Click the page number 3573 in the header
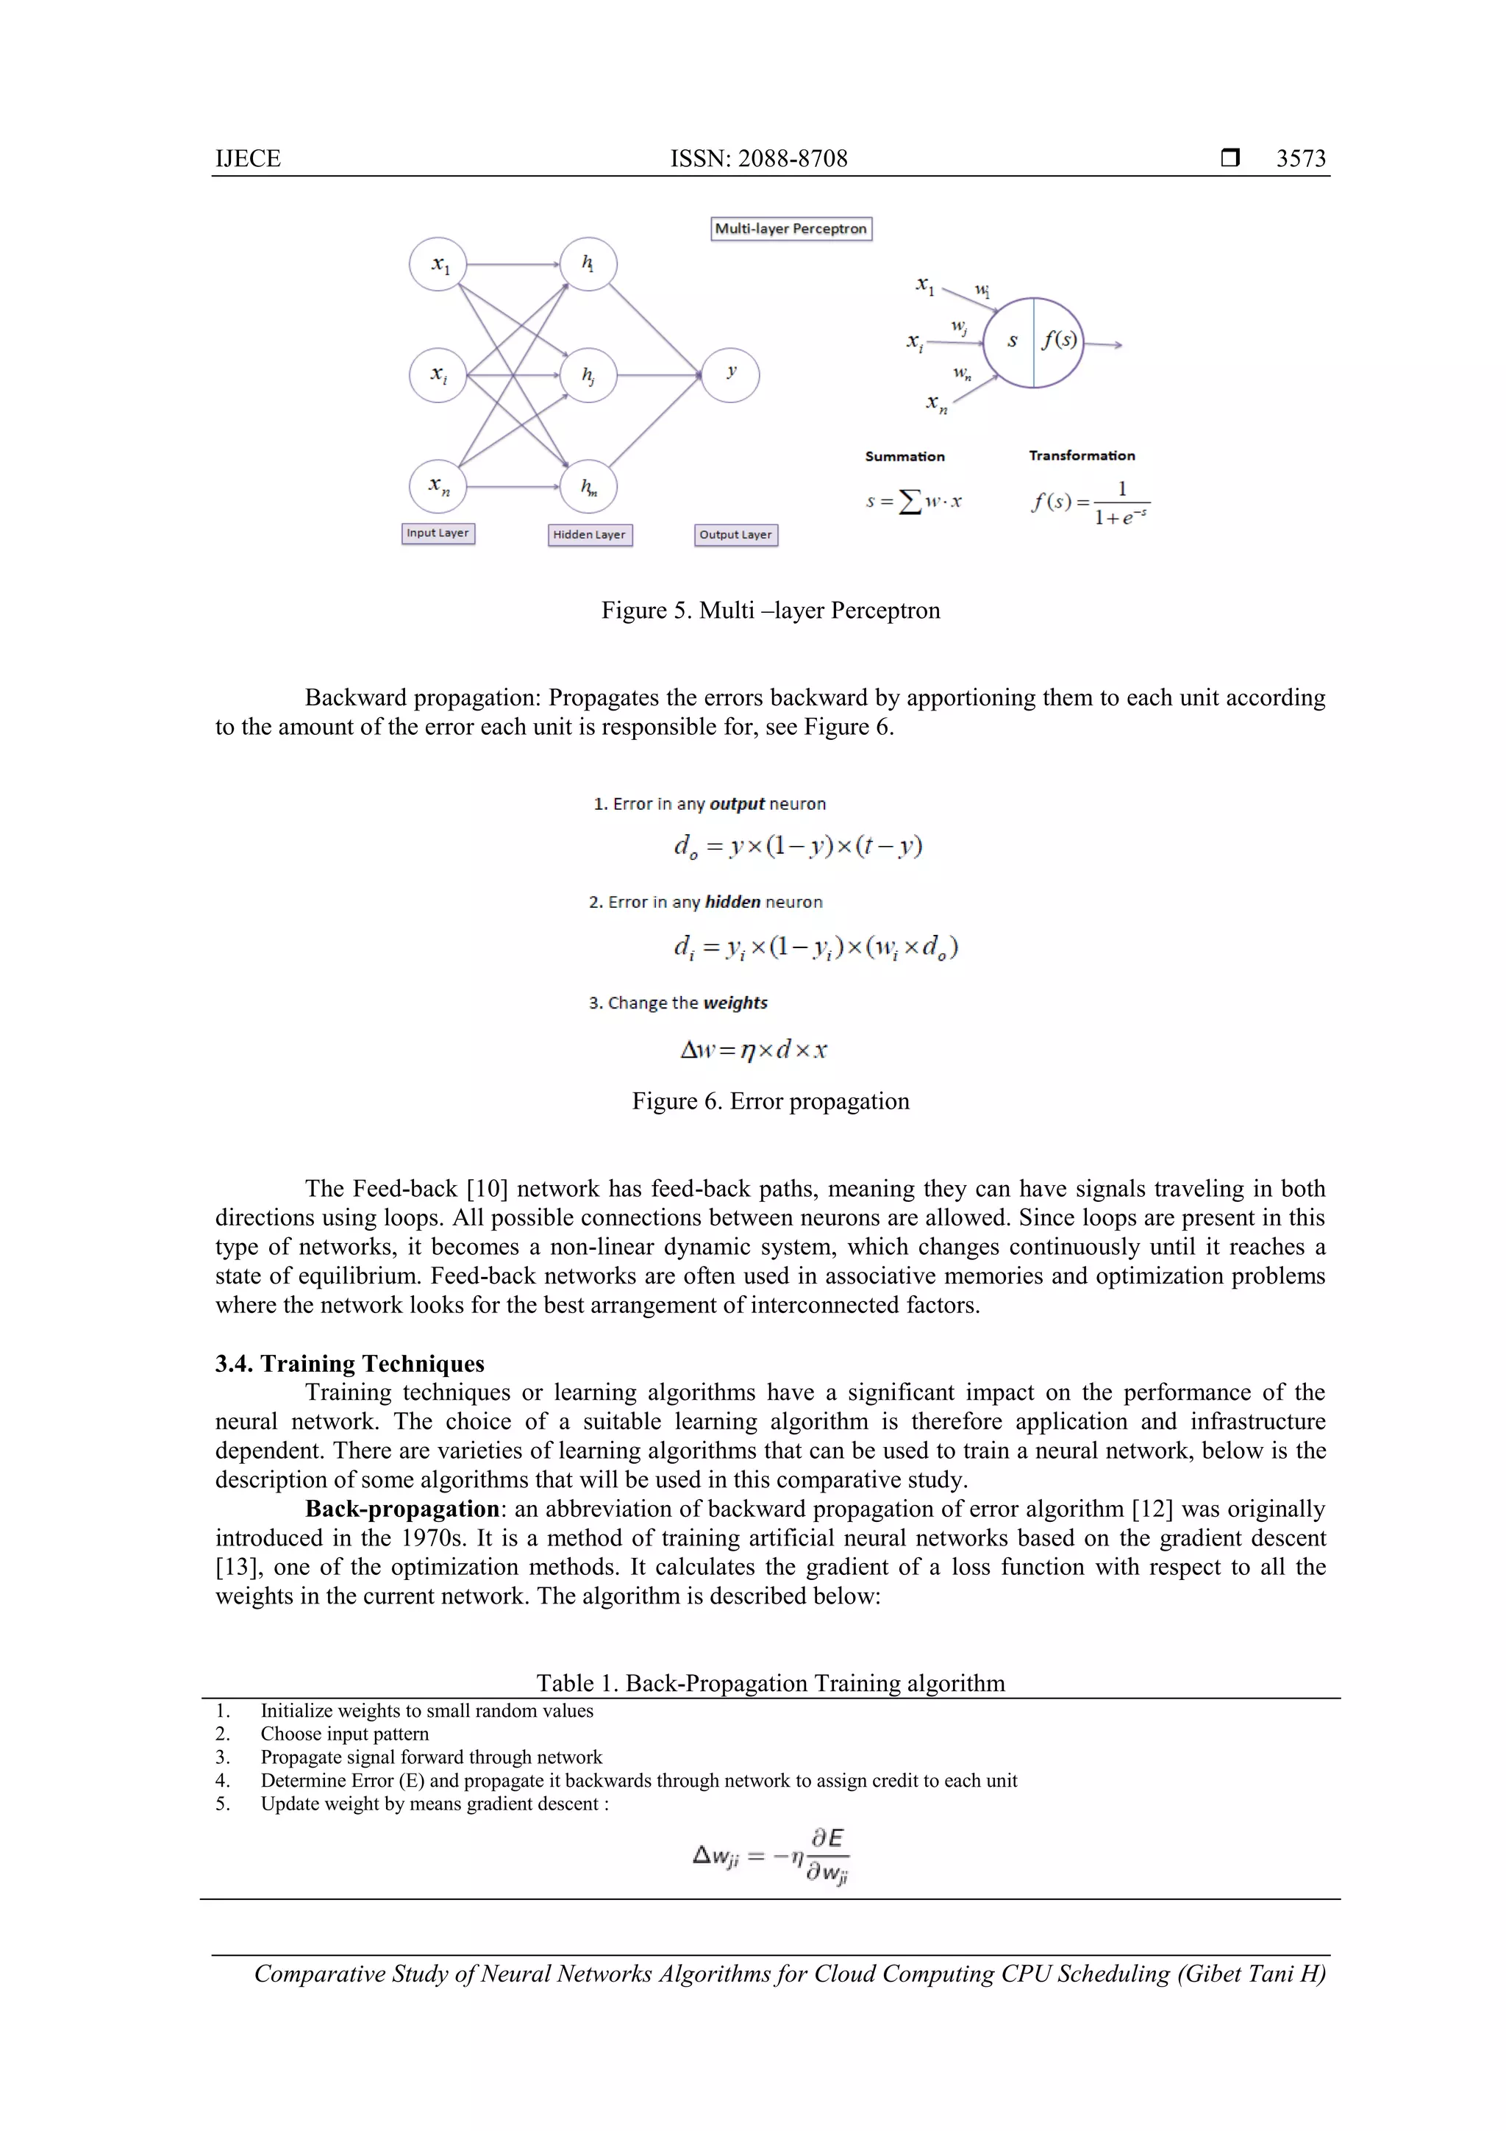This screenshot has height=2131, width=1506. point(1300,159)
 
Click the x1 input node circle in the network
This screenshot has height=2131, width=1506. point(438,265)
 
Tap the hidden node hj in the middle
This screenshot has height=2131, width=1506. point(588,375)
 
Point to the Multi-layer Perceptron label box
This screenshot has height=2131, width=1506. point(791,230)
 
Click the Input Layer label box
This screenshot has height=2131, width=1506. point(438,534)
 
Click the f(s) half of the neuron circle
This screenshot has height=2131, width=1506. point(1059,341)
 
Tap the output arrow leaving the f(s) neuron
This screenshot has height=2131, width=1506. point(1104,345)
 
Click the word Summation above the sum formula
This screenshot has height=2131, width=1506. point(904,457)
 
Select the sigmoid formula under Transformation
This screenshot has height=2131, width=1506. point(1091,503)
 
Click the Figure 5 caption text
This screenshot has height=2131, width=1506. point(770,611)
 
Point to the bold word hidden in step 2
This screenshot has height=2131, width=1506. point(732,902)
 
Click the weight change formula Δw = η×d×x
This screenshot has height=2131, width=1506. point(754,1050)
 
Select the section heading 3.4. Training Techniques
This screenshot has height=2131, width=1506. point(350,1364)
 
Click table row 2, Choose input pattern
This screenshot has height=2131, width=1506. point(344,1734)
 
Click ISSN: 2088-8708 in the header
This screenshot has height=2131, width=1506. point(758,159)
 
